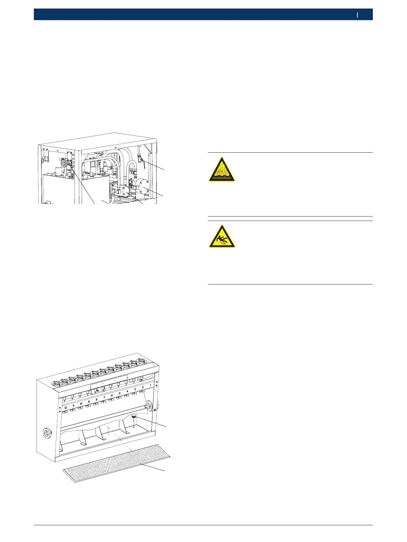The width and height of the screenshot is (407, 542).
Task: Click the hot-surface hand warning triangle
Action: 222,170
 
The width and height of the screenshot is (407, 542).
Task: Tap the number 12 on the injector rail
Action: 65,408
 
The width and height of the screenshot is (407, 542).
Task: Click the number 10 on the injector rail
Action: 81,404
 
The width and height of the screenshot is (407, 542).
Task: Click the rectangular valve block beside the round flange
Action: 123,190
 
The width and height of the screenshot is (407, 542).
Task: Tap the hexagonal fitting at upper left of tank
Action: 64,163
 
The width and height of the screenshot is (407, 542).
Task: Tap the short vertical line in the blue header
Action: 357,15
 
